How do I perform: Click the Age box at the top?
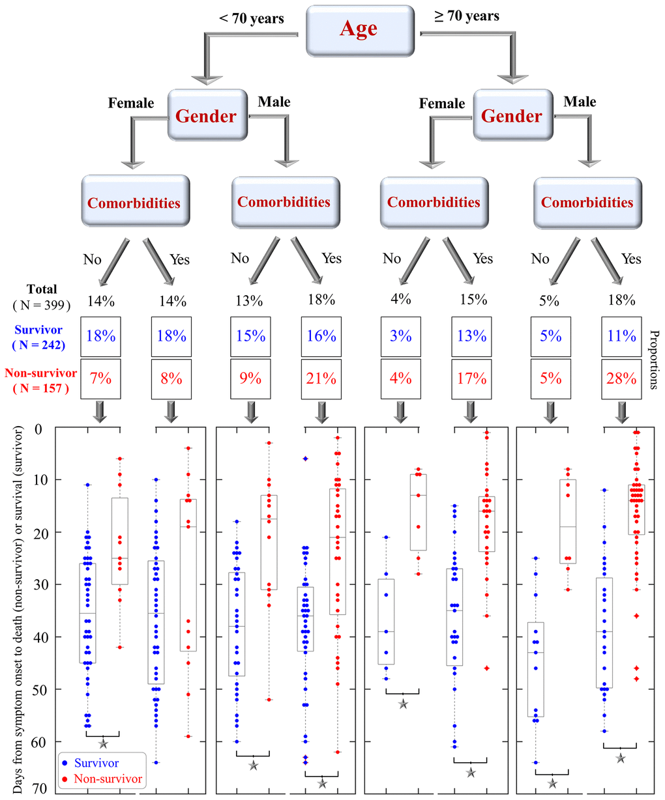click(x=359, y=29)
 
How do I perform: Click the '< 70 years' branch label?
click(x=252, y=18)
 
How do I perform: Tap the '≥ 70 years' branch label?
click(x=467, y=16)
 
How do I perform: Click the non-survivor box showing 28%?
click(x=621, y=379)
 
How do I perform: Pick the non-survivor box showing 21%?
click(x=321, y=379)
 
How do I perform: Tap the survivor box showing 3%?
click(x=401, y=336)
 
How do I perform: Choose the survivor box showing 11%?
click(x=621, y=336)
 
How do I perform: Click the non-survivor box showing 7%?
click(x=100, y=379)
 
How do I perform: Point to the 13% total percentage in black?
click(x=249, y=300)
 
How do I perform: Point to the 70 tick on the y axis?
click(x=42, y=788)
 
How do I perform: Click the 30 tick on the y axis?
click(x=42, y=584)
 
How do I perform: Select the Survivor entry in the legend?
click(x=96, y=762)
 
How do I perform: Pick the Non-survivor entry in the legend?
click(x=107, y=779)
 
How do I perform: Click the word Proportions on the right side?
click(x=654, y=359)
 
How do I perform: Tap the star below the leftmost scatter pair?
click(x=103, y=743)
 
